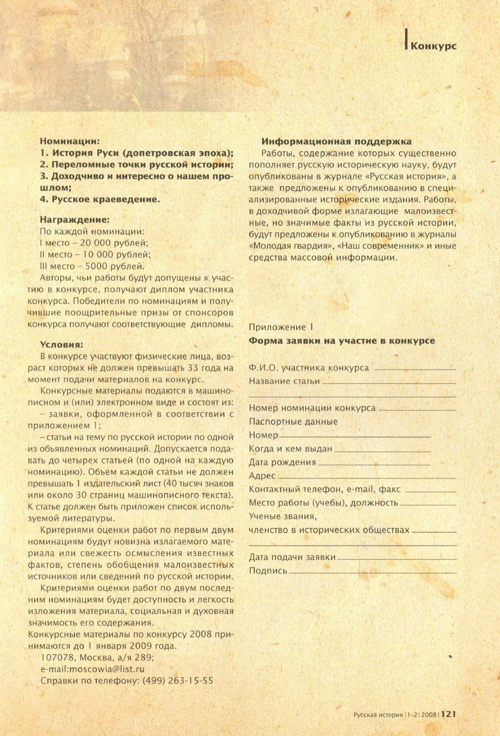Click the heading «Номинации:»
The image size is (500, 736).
point(70,141)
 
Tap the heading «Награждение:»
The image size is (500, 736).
point(74,219)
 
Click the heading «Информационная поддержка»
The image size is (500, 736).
point(337,141)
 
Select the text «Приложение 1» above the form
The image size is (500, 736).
point(281,327)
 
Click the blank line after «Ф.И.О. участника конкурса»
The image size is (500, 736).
point(415,369)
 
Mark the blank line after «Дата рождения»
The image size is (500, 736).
point(374,464)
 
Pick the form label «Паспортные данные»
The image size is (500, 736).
point(293,421)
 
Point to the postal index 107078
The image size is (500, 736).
point(56,658)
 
